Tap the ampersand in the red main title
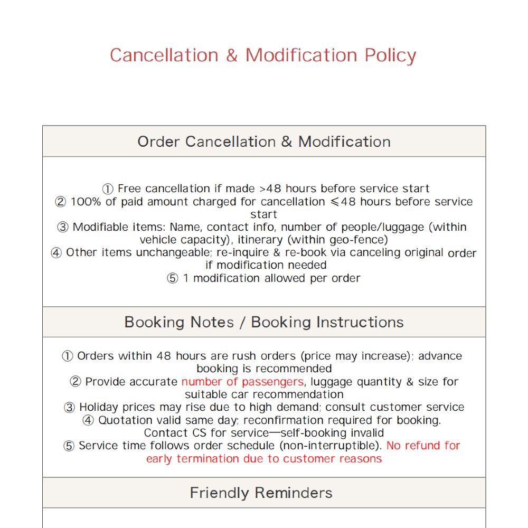pos(231,55)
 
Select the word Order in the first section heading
pos(159,142)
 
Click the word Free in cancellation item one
pos(129,188)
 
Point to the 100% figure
pos(86,202)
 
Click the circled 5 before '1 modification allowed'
pos(173,278)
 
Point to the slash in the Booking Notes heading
pos(242,322)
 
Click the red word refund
pos(424,446)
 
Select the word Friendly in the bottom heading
pos(219,493)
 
